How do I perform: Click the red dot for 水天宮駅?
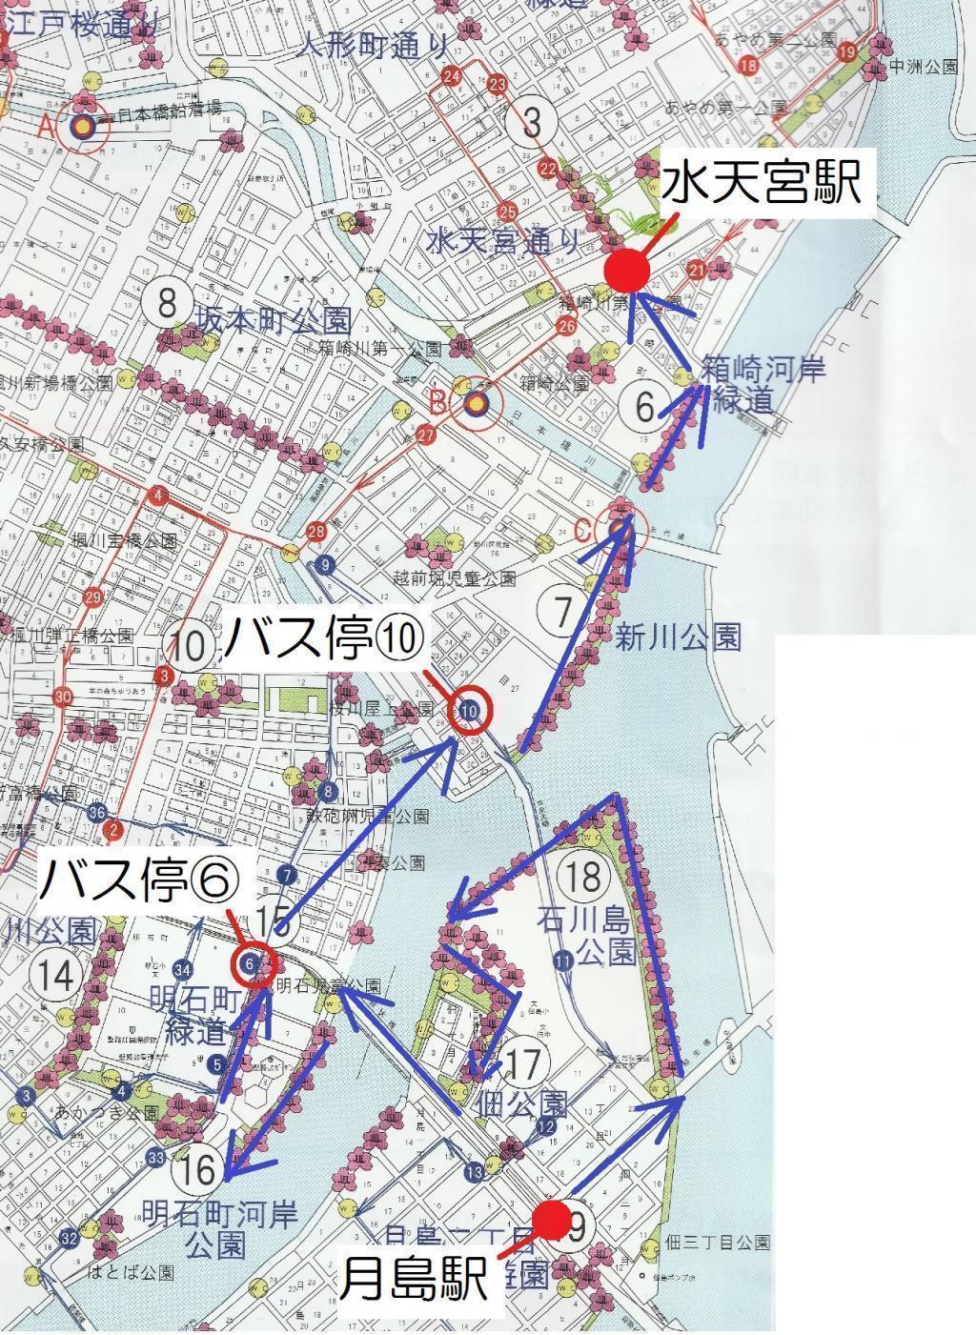coord(627,271)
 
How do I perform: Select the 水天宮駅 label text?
coord(762,182)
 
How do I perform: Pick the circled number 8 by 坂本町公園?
coord(168,304)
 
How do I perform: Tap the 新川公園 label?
coord(678,636)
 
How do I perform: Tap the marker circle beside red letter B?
coord(475,405)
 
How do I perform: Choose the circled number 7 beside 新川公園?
coord(563,609)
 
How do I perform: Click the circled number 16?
coord(199,1167)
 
